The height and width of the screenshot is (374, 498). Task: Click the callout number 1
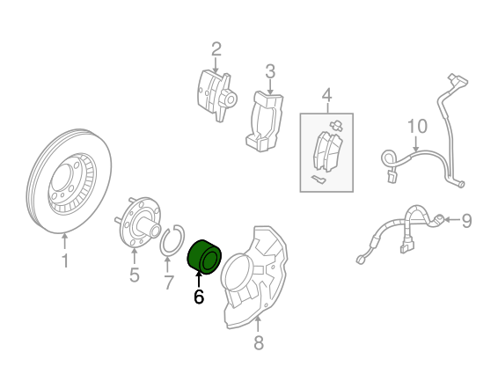pyautogui.click(x=65, y=260)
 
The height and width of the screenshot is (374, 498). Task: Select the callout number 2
pyautogui.click(x=216, y=49)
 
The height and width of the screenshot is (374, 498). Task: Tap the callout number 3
pyautogui.click(x=270, y=72)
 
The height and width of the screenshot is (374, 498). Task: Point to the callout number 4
pyautogui.click(x=326, y=95)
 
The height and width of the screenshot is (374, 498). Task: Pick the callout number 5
pyautogui.click(x=135, y=275)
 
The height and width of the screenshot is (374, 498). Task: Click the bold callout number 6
pyautogui.click(x=199, y=297)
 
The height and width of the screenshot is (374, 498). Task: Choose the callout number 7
pyautogui.click(x=169, y=282)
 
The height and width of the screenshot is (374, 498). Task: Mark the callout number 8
pyautogui.click(x=259, y=342)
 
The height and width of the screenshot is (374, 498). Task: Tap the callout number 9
pyautogui.click(x=466, y=220)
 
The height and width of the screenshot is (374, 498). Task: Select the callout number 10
pyautogui.click(x=417, y=126)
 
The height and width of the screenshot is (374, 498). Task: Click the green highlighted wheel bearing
pyautogui.click(x=203, y=257)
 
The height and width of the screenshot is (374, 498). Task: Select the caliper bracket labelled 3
pyautogui.click(x=264, y=121)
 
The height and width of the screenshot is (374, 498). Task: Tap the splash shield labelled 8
pyautogui.click(x=254, y=276)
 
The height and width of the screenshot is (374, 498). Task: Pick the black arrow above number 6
pyautogui.click(x=199, y=279)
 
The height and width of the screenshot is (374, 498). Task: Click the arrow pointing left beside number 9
pyautogui.click(x=451, y=220)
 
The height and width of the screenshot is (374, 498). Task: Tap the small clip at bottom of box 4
pyautogui.click(x=319, y=180)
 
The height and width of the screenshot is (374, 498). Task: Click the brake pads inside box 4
pyautogui.click(x=328, y=150)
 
